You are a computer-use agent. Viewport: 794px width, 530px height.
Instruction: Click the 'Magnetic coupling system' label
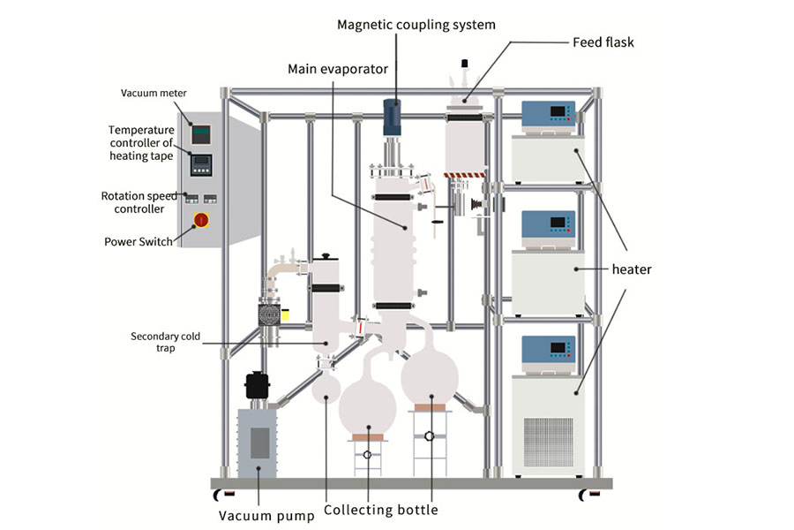click(x=416, y=24)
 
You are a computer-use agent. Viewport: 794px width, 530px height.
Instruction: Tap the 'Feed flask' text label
click(x=603, y=42)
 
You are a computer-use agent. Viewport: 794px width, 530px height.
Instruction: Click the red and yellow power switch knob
click(x=201, y=219)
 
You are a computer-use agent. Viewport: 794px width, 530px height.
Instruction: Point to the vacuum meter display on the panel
click(x=201, y=133)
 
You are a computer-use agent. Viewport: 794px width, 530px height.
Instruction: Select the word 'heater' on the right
click(x=631, y=269)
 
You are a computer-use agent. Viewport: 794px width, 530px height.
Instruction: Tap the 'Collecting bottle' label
click(x=380, y=510)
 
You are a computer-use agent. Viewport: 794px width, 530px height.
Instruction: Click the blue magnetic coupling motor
click(x=392, y=115)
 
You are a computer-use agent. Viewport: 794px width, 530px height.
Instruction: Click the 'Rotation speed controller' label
click(x=139, y=202)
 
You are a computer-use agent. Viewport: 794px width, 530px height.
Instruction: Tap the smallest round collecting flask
click(x=326, y=386)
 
